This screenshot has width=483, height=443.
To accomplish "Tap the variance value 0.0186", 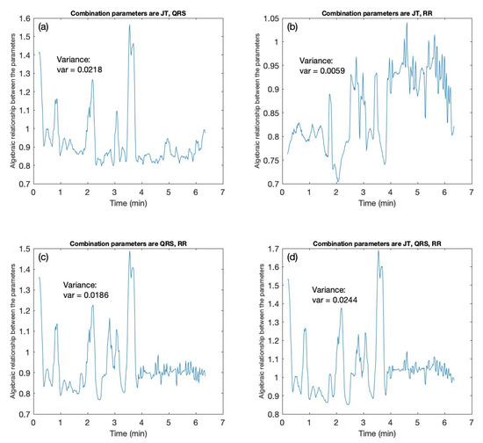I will [x=93, y=299].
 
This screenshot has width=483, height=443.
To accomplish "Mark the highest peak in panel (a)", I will [x=129, y=25].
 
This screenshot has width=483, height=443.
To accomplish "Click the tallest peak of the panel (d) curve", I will [x=378, y=251].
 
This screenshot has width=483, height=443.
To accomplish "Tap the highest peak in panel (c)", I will [x=130, y=251].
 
